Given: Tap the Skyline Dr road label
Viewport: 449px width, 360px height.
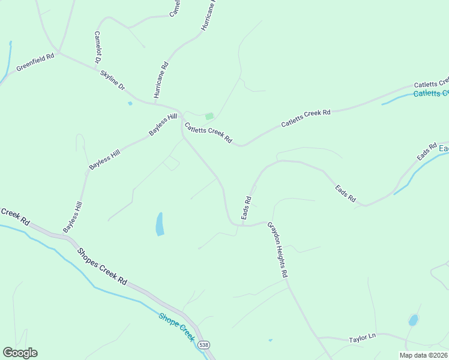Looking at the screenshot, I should click(x=113, y=80).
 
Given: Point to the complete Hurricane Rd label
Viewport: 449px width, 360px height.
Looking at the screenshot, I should click(x=161, y=80).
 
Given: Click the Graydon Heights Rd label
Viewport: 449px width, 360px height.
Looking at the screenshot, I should click(x=278, y=250).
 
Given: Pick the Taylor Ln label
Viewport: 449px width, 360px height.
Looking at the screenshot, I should click(x=362, y=338).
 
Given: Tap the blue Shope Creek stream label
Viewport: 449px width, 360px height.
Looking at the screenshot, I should click(x=176, y=327).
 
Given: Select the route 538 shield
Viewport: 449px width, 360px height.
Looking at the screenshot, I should click(x=204, y=345).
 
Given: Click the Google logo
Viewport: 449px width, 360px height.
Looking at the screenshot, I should click(x=20, y=353).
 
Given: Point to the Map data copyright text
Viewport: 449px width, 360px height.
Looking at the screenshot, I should click(x=423, y=355).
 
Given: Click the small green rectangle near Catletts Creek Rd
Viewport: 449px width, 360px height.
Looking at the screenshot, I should click(x=209, y=116).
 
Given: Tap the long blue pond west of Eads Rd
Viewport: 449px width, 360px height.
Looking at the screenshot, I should click(x=160, y=224).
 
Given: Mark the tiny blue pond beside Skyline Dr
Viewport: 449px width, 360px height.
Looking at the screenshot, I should click(x=130, y=103).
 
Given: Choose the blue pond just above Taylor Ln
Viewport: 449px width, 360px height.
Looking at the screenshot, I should click(x=413, y=320).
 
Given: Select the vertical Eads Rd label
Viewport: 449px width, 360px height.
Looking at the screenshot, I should click(x=246, y=207).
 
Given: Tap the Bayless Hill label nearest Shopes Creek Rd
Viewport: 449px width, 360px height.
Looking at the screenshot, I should click(x=72, y=218).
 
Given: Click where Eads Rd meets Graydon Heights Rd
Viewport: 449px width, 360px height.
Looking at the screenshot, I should click(x=241, y=226).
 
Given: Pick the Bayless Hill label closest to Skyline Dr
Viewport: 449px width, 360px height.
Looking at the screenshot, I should click(x=163, y=124).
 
